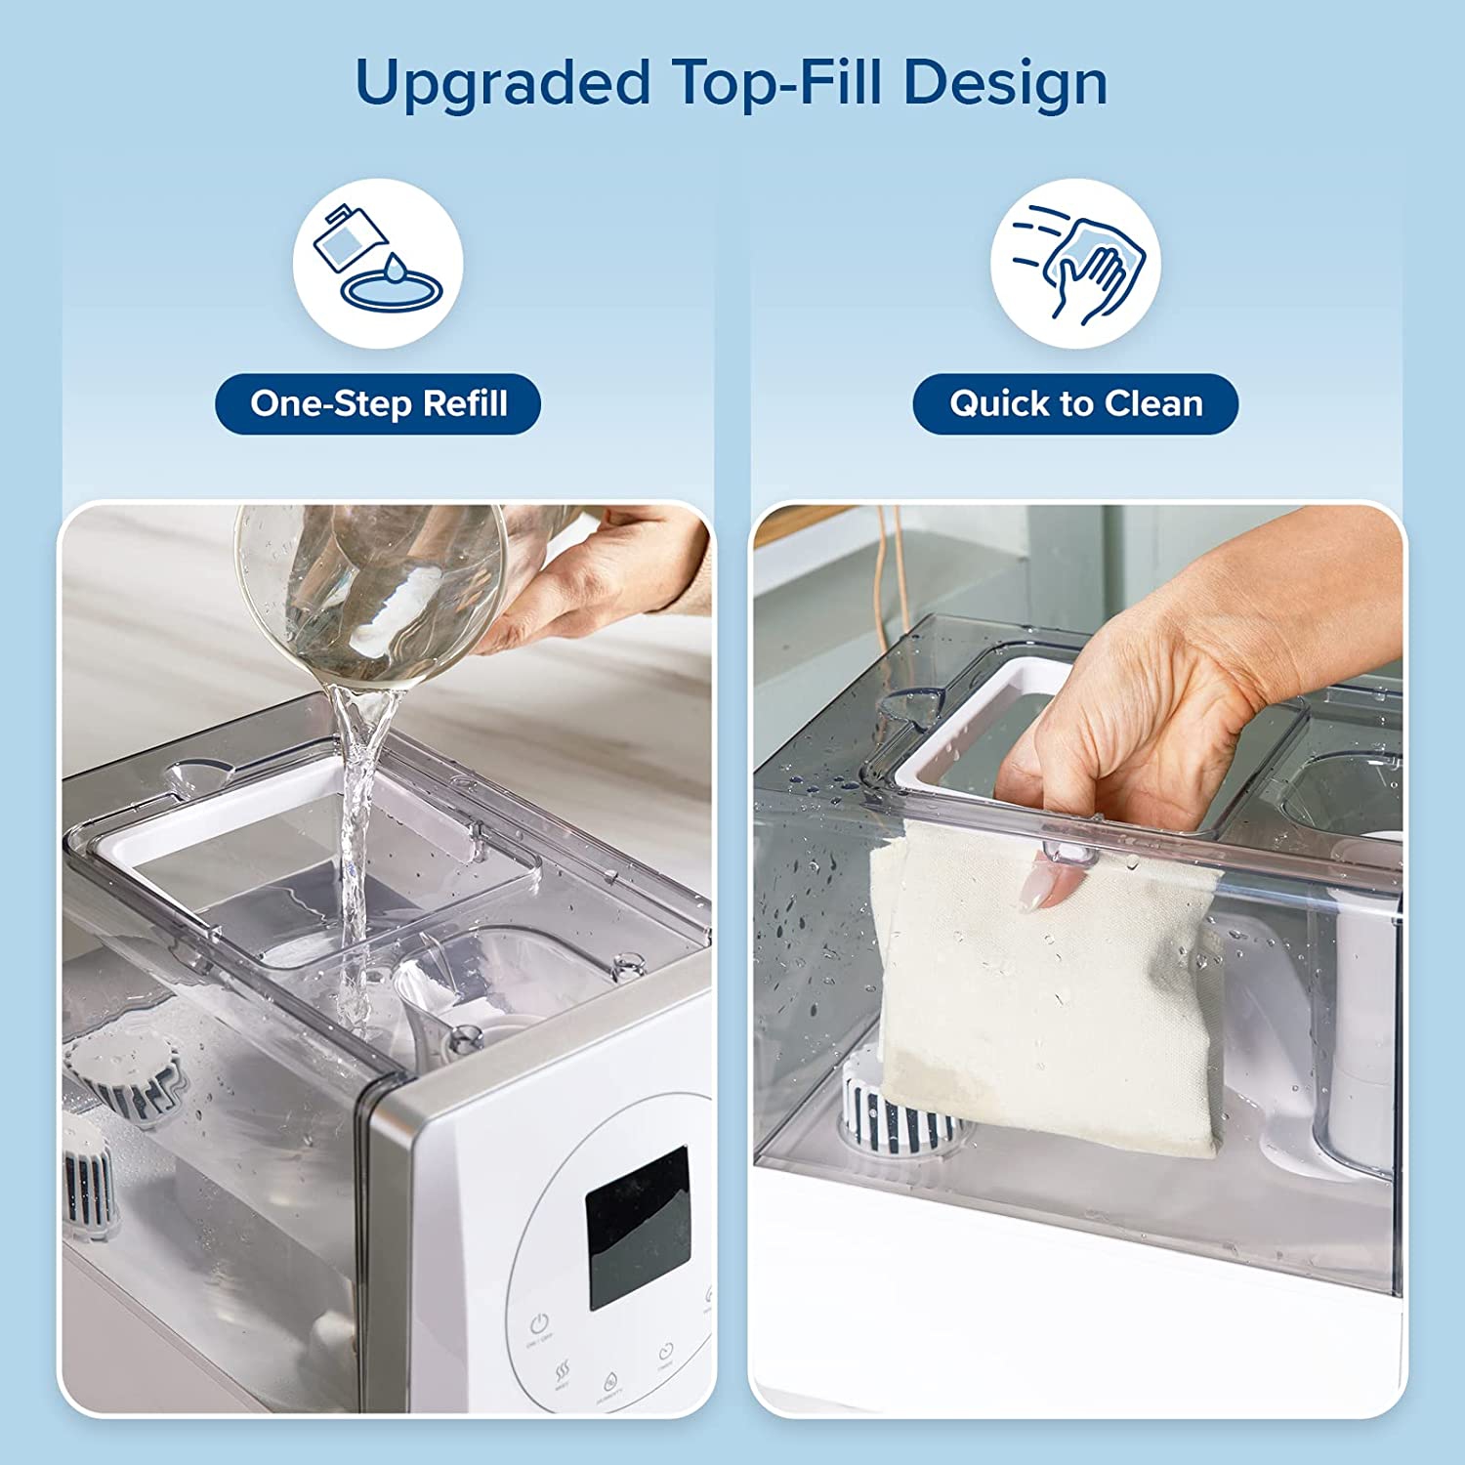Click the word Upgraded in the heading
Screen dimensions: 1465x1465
click(502, 84)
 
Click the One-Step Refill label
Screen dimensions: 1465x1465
click(378, 403)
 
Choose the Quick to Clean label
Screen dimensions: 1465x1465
click(1075, 403)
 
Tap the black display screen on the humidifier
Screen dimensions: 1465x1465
click(637, 1226)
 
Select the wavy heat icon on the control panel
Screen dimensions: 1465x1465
click(563, 1372)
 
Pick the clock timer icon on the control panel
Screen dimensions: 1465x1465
click(666, 1352)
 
